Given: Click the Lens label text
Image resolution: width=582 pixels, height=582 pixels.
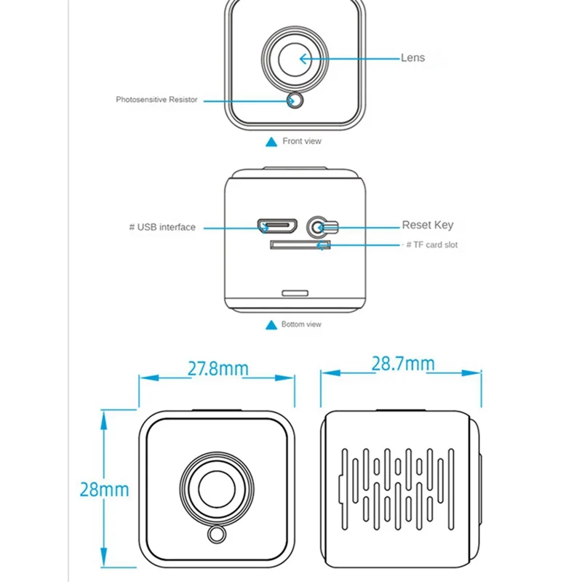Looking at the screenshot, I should tap(412, 57).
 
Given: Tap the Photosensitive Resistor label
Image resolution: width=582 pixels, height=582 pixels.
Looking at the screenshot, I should tap(156, 100).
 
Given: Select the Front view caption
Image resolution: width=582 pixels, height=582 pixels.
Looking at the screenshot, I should tap(301, 141).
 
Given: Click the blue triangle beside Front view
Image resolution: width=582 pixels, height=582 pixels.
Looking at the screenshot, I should tap(271, 142).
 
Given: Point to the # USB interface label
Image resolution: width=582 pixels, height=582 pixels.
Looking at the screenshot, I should tap(162, 227).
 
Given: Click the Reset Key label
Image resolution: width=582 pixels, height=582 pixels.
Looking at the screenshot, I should tap(427, 225).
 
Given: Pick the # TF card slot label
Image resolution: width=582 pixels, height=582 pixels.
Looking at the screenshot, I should tap(431, 245).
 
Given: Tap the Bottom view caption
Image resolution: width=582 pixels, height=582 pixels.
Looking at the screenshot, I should tap(301, 324).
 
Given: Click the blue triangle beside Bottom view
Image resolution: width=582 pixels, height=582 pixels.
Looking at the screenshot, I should tap(271, 324).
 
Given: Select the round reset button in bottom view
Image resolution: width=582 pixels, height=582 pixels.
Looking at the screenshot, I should tap(317, 226).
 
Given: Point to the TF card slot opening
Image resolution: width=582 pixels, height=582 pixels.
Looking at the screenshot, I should tap(299, 245).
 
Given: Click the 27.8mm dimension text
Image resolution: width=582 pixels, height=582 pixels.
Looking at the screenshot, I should tap(218, 368).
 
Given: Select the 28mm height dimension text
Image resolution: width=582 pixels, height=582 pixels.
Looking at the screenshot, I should tap(104, 488).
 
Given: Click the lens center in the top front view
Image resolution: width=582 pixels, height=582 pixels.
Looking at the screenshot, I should tap(295, 58).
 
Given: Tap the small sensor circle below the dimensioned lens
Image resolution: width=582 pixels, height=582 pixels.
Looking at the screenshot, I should tap(216, 534).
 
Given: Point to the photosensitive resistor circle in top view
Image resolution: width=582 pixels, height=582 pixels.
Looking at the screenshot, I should tap(295, 100).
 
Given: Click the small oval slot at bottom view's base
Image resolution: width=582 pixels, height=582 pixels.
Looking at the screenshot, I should tap(294, 292).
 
